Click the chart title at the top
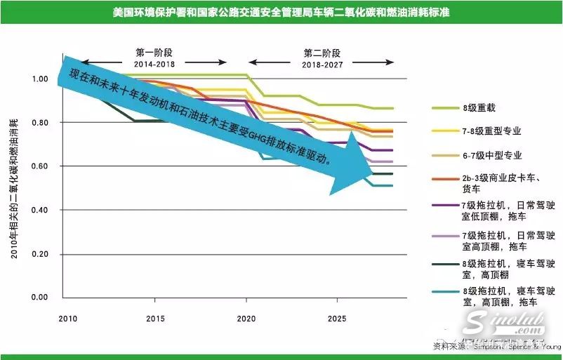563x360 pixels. [281, 12]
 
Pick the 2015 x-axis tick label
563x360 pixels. [155, 318]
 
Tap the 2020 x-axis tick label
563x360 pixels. [246, 318]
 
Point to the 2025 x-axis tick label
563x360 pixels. [337, 318]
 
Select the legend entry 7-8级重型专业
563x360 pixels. [491, 131]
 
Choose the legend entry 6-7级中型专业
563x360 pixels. [491, 154]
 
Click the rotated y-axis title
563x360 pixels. [15, 189]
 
